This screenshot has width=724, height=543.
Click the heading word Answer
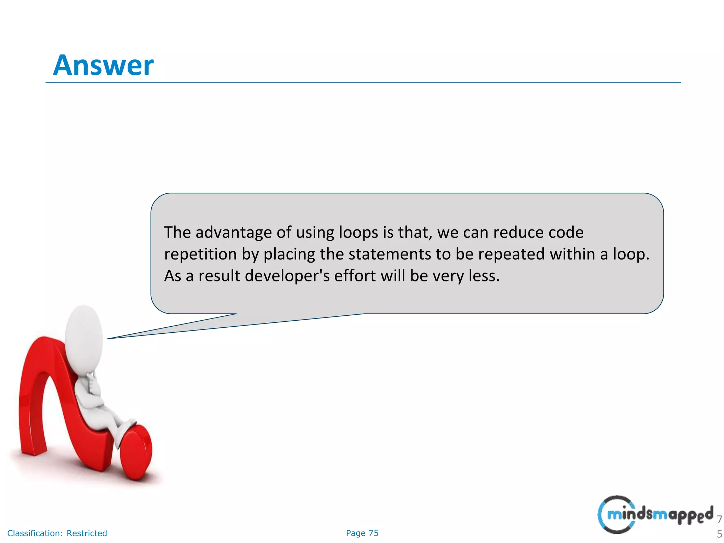pos(103,65)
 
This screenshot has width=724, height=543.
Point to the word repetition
pos(200,254)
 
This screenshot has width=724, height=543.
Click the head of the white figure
pos(84,336)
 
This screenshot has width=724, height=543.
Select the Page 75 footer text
pos(362,533)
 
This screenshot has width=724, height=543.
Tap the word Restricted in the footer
pos(87,533)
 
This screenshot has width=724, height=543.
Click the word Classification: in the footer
pos(35,533)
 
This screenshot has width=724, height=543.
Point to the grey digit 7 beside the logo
pos(719,519)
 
